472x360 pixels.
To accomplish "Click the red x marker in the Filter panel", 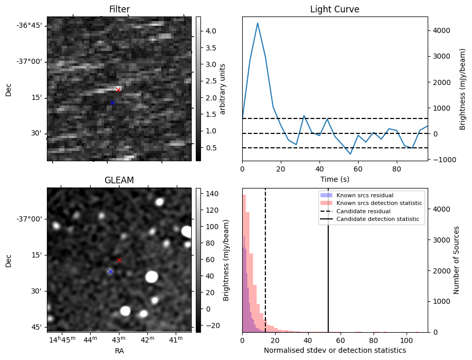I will [x=119, y=90].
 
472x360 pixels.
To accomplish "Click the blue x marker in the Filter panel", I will [x=112, y=102].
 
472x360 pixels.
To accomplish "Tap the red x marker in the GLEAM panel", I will [x=119, y=260].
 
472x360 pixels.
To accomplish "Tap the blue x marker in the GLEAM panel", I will [x=110, y=271].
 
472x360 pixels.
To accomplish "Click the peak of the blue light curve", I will [x=258, y=23].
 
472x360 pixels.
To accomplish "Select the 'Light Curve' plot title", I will [x=334, y=9].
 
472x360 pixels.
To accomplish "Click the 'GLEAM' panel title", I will [x=119, y=180].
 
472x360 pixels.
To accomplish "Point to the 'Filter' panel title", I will [x=119, y=9].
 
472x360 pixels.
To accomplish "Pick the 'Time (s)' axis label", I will [x=334, y=178].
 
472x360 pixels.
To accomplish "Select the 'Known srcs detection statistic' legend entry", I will [x=379, y=203].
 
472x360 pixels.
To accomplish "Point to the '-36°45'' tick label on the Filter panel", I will [x=30, y=26].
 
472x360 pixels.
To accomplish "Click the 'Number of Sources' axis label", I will [x=456, y=260].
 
